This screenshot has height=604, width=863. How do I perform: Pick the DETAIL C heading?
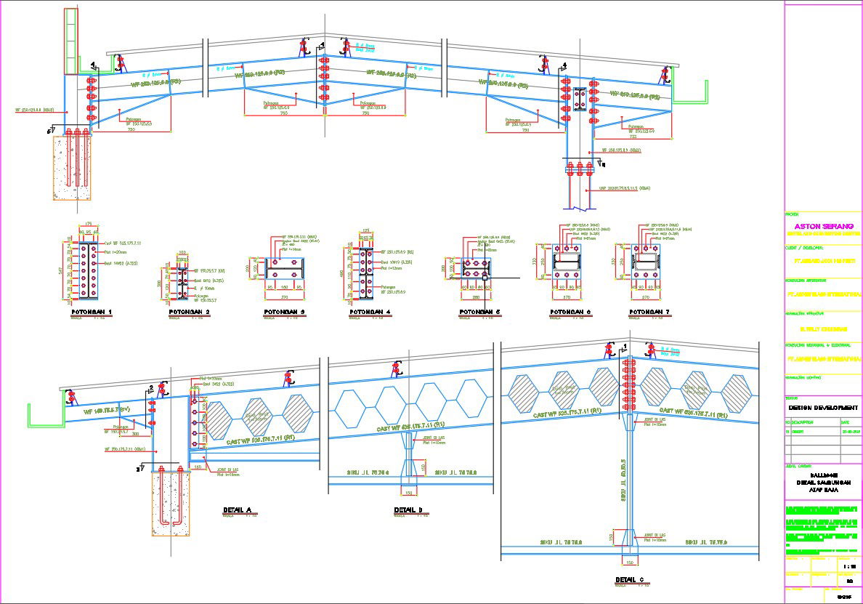point(629,579)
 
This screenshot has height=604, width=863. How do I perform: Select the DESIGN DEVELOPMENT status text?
point(823,408)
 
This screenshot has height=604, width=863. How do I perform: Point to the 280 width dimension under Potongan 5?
point(477,297)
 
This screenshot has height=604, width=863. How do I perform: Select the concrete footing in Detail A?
point(170,502)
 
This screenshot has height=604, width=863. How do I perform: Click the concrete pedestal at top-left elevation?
point(71,167)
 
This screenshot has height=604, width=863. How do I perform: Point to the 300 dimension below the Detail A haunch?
point(135,433)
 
